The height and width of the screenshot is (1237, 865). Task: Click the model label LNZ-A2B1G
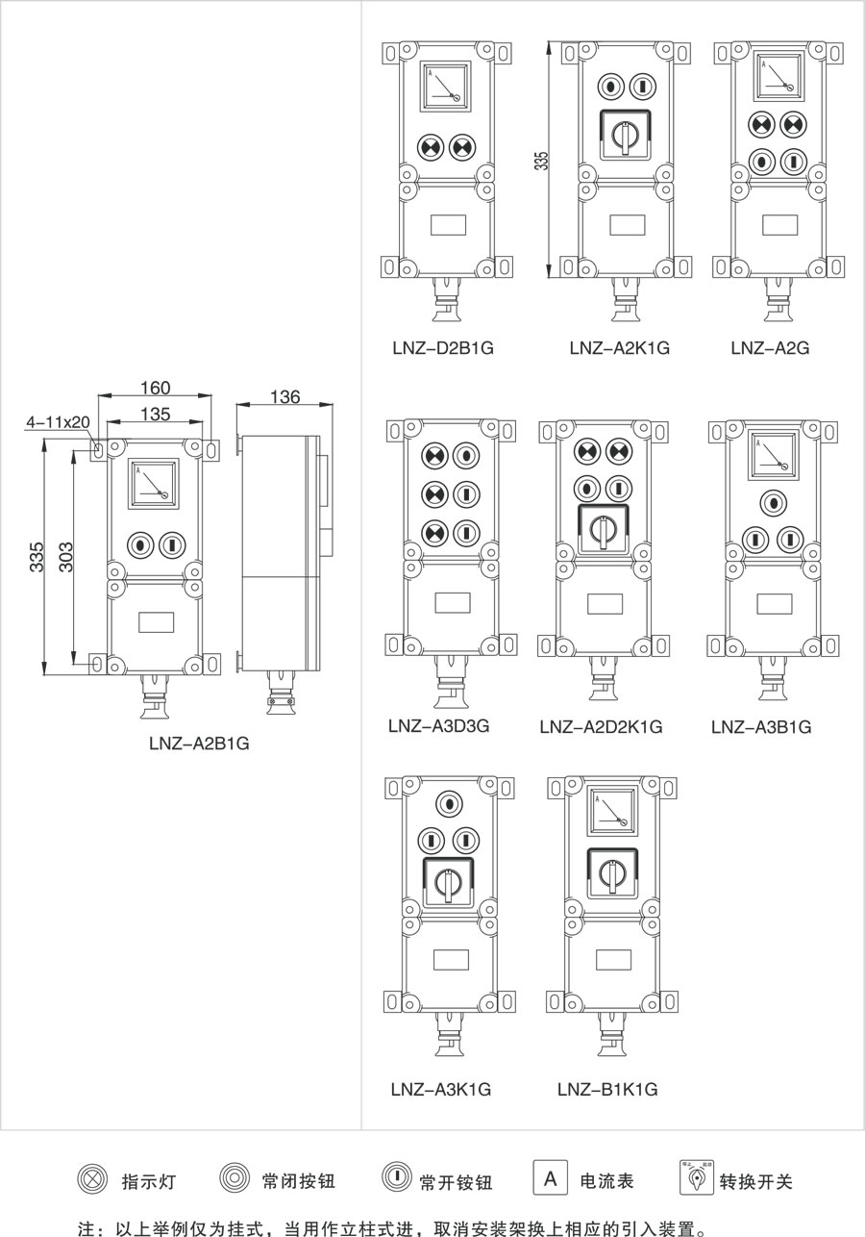(199, 744)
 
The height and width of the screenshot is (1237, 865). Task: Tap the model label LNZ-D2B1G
(443, 347)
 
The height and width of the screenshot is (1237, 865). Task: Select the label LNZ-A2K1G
(620, 347)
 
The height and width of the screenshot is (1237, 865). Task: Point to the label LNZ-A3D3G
(439, 725)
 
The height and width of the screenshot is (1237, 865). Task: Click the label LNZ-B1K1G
(606, 1089)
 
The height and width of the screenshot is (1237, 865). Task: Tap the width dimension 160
(155, 389)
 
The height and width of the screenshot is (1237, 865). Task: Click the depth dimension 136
(285, 396)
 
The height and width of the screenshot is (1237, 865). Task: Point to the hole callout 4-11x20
(58, 421)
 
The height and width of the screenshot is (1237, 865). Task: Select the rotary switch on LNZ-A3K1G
(447, 881)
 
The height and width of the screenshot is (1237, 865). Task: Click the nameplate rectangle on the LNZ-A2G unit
(779, 224)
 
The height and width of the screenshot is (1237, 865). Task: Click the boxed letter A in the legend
(550, 1178)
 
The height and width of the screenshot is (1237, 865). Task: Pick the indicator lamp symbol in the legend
(91, 1179)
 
